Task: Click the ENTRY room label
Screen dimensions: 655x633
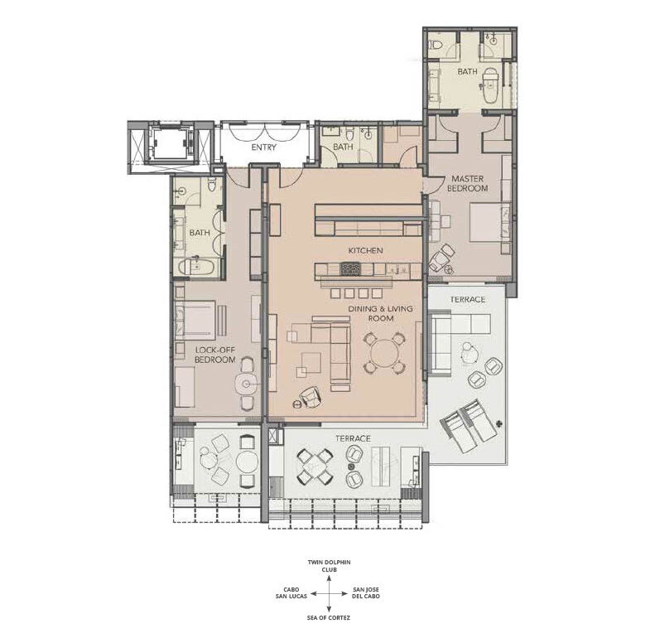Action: tap(263, 147)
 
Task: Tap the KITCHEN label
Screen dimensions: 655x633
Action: tap(365, 250)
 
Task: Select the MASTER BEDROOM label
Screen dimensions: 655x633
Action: tap(467, 184)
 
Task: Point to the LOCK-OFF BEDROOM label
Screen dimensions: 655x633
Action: tap(215, 355)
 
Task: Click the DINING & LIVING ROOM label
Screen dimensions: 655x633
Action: tap(381, 313)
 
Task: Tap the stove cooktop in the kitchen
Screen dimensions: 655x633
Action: tap(350, 268)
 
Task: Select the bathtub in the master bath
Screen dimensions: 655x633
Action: tap(490, 85)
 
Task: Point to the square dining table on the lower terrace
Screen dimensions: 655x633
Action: tap(315, 466)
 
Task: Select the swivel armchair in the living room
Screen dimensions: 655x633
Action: tap(311, 396)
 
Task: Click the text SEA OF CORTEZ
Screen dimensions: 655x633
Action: tap(329, 617)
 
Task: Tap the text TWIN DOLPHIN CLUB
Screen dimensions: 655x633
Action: tap(330, 566)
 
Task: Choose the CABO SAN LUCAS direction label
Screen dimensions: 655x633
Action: tap(291, 593)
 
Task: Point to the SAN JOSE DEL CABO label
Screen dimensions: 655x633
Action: tap(366, 593)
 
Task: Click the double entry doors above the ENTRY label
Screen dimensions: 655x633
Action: tap(264, 132)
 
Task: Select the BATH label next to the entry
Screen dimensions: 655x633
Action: tap(343, 147)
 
